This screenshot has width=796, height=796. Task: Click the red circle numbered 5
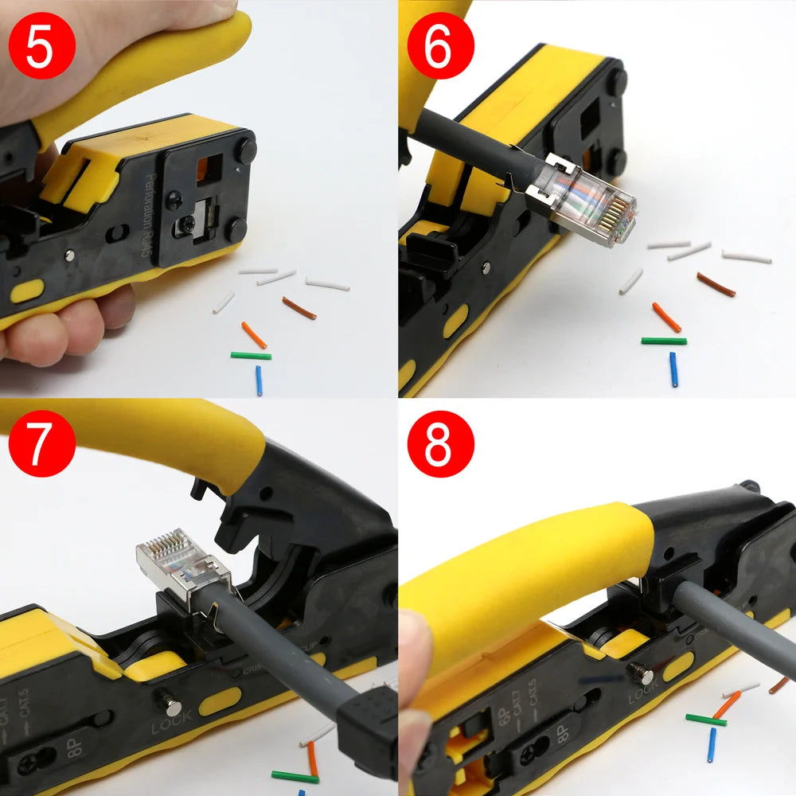41,45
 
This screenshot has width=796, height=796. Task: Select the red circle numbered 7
41,443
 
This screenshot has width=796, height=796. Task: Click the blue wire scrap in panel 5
259,380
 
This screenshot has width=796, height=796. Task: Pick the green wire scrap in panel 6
664,341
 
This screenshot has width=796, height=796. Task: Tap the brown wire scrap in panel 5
299,308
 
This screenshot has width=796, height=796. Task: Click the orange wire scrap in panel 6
666,317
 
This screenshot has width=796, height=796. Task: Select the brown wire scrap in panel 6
716,284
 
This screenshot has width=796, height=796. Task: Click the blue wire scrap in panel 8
712,744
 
